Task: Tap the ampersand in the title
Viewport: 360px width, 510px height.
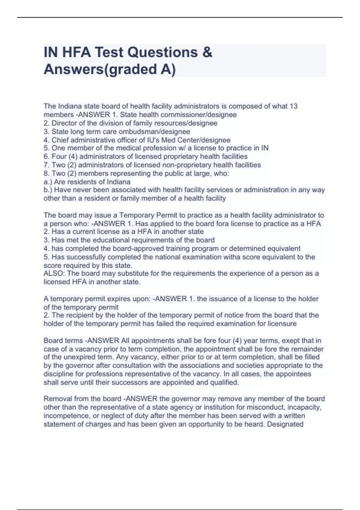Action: [207, 52]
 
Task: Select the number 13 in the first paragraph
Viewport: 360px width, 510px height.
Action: [294, 106]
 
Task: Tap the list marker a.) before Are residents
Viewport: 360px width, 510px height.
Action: [48, 182]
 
